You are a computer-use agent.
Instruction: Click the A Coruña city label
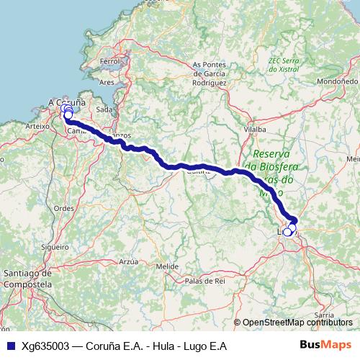tap(66, 102)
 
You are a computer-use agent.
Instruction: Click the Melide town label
tap(167, 266)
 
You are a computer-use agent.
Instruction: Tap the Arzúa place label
tap(128, 261)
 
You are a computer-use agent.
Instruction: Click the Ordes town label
tap(64, 207)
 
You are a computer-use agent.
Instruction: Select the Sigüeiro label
tap(55, 246)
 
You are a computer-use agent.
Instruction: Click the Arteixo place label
tap(35, 125)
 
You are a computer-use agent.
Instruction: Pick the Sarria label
tap(325, 315)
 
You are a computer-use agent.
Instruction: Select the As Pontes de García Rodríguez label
tap(210, 73)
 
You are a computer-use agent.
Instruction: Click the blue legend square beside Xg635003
tap(11, 346)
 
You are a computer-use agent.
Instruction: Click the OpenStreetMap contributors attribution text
tap(297, 323)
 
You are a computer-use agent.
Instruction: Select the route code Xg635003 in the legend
tap(46, 346)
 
